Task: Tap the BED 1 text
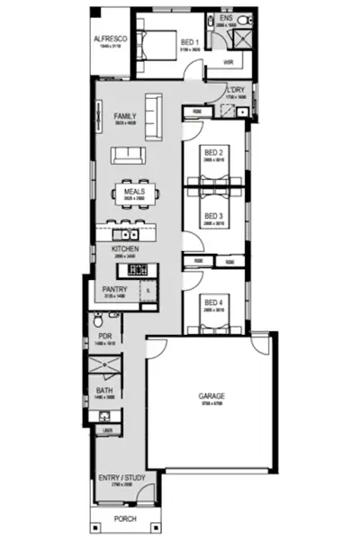188,42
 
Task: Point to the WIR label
228,62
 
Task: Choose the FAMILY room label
125,117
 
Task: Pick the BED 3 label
212,216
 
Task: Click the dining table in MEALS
135,193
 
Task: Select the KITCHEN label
123,248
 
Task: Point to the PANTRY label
114,289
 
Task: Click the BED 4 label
212,302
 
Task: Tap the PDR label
104,337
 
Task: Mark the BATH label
104,391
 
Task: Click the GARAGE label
212,396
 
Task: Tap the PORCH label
125,519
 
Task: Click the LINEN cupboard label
106,431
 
